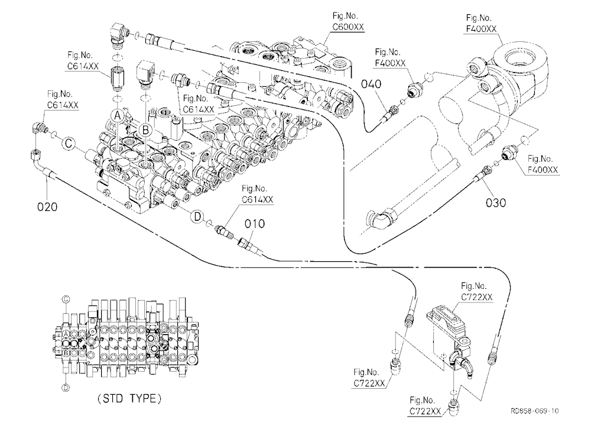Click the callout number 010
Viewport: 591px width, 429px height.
(254, 223)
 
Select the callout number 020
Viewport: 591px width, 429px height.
(47, 207)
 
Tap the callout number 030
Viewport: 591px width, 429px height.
(496, 203)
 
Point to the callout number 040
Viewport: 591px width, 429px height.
(371, 84)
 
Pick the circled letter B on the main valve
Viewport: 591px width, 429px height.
(145, 131)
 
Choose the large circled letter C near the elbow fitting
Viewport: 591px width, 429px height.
(69, 143)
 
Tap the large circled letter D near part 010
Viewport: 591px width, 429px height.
(197, 216)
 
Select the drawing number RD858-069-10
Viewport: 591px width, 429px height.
(534, 411)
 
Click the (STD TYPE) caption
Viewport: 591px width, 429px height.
(129, 398)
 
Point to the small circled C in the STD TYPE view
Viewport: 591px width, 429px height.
(66, 300)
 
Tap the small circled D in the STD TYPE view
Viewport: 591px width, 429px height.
(66, 387)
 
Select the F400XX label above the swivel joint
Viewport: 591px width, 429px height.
(481, 28)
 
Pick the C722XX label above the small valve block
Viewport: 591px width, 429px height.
(477, 297)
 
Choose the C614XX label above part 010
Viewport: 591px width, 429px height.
(258, 199)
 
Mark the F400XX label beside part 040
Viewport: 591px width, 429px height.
(391, 63)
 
